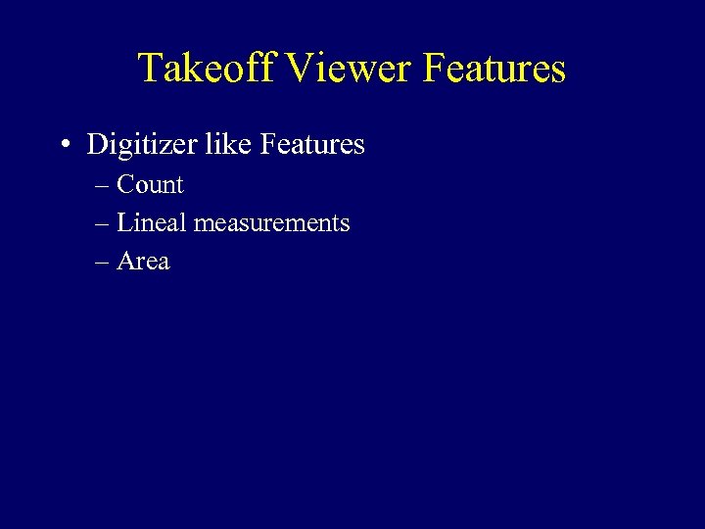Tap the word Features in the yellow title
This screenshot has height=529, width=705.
[494, 69]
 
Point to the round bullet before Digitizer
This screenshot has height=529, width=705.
[64, 146]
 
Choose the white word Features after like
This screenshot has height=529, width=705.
[312, 144]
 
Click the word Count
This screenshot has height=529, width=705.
[150, 184]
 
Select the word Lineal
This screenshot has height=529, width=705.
[152, 222]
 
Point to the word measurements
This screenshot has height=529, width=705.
[271, 223]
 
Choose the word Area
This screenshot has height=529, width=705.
[143, 262]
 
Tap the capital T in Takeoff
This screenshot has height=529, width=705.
[151, 68]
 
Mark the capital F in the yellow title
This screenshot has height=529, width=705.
[434, 68]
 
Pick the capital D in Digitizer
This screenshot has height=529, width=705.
[97, 144]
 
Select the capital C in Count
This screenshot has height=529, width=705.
[126, 184]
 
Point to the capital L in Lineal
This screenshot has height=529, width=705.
[123, 222]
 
